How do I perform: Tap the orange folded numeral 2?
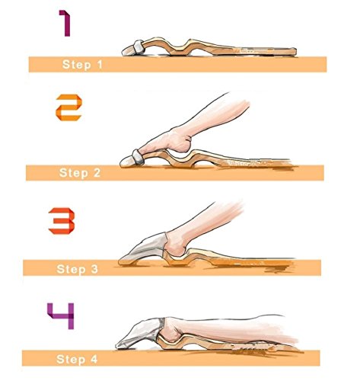[68, 107]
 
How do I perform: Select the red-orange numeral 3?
[62, 221]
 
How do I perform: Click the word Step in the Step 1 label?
[77, 65]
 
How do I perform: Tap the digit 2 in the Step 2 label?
[97, 173]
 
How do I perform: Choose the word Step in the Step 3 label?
[71, 269]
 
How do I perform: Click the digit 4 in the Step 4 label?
[94, 359]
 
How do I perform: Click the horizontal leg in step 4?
[228, 330]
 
